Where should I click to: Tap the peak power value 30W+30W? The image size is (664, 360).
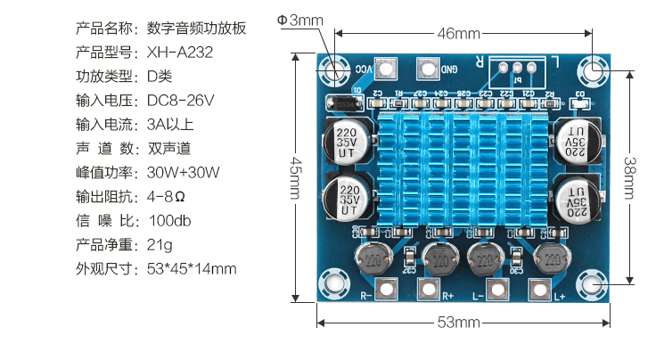coord(183,172)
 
